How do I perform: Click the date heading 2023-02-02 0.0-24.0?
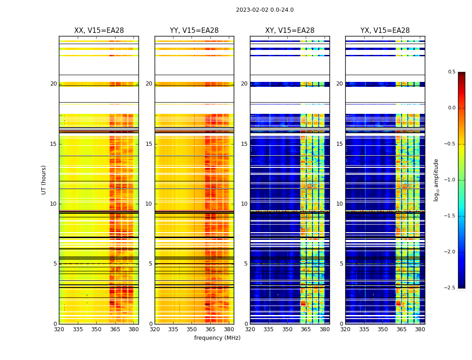(x=265, y=10)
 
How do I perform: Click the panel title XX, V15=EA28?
(x=99, y=31)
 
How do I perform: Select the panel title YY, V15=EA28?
(x=194, y=31)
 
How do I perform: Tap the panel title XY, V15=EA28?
(x=289, y=31)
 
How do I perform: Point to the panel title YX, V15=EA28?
(x=385, y=31)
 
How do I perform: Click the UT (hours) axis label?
(x=44, y=180)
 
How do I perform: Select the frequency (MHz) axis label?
(x=217, y=338)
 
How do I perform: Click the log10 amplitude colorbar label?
(x=436, y=180)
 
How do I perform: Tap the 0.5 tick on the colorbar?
(x=451, y=72)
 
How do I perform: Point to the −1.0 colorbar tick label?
(x=450, y=180)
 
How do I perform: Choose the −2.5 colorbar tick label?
(x=450, y=288)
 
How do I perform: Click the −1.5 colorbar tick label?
(x=450, y=216)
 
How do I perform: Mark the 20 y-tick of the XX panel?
(x=53, y=84)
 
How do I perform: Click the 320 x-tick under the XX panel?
(x=59, y=329)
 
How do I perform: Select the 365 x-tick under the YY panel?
(x=210, y=329)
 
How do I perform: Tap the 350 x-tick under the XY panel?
(x=287, y=329)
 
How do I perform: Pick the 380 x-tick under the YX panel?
(x=420, y=329)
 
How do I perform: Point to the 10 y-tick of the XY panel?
(x=244, y=204)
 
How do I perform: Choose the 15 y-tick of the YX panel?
(x=340, y=144)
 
